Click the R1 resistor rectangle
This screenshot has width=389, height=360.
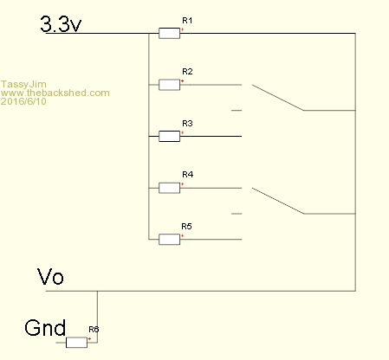click(x=169, y=33)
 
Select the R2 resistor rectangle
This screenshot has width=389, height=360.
click(x=169, y=85)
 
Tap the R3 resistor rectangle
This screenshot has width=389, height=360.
click(x=169, y=136)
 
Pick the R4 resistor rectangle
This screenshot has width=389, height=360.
click(x=169, y=188)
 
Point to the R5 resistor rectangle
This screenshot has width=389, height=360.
click(x=169, y=240)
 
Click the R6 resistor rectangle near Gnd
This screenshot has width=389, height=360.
click(x=76, y=343)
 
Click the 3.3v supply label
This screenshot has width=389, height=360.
click(x=61, y=24)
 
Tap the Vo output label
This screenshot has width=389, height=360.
click(x=50, y=277)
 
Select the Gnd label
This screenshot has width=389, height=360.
click(x=45, y=328)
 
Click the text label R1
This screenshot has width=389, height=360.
click(x=187, y=21)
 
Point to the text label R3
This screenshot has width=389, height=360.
click(x=187, y=124)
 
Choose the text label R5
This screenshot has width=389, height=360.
click(x=186, y=227)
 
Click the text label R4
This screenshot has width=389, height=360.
click(x=188, y=175)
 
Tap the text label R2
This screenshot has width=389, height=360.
click(x=187, y=72)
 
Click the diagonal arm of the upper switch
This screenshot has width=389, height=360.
click(x=277, y=98)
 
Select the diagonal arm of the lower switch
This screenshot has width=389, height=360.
click(x=278, y=201)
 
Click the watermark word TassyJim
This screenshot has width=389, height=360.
click(x=23, y=84)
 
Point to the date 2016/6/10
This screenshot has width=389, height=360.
click(x=23, y=101)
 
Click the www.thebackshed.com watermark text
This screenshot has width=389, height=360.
click(x=55, y=93)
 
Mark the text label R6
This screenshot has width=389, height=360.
click(x=94, y=329)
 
